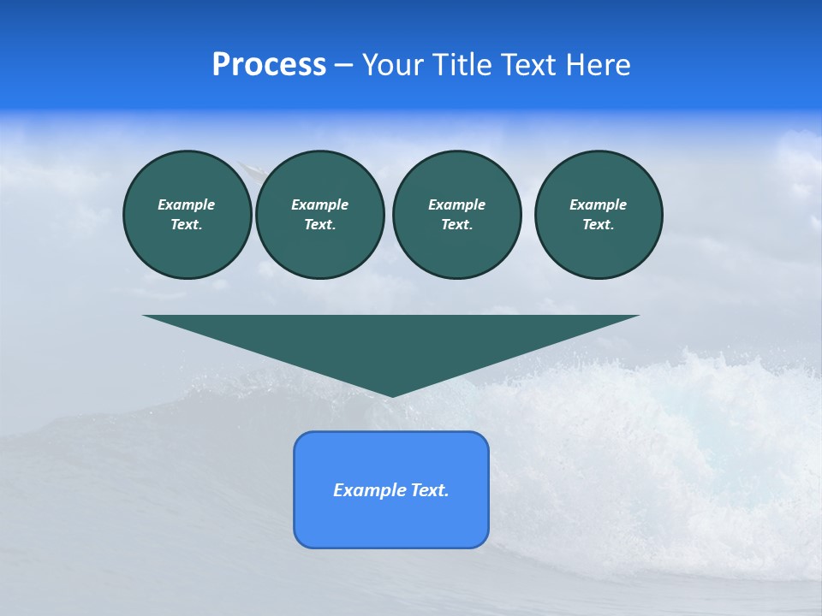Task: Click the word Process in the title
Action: point(269,65)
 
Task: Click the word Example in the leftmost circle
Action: point(187,204)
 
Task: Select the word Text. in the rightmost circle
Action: point(598,225)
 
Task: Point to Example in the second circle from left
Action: point(319,204)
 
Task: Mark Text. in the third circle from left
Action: point(456,225)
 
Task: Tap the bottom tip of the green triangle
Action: point(391,394)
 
